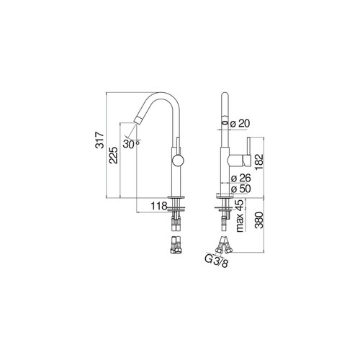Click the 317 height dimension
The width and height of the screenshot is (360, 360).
click(x=99, y=140)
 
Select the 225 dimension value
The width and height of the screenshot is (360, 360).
click(x=113, y=156)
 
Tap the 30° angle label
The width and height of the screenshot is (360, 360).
click(x=131, y=144)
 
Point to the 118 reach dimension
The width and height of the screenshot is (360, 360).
click(x=159, y=206)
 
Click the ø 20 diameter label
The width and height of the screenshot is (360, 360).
click(x=240, y=123)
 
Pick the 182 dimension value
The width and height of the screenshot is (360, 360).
click(x=259, y=162)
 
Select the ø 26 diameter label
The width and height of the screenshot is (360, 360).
click(x=241, y=178)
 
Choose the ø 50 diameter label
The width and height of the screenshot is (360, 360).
click(x=241, y=189)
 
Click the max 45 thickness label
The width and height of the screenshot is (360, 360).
click(x=240, y=216)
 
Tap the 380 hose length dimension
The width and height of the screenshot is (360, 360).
click(x=259, y=220)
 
